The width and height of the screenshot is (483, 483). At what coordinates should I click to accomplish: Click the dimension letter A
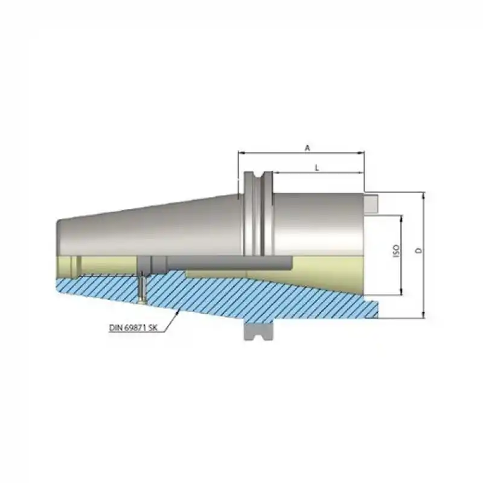point(307,147)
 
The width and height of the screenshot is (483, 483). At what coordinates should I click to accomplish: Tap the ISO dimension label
point(396,252)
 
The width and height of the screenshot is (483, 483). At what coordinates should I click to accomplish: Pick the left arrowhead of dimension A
point(241,153)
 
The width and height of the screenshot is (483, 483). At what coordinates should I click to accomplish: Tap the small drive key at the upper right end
point(370,202)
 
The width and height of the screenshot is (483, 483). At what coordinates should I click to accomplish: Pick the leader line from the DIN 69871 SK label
point(171,320)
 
